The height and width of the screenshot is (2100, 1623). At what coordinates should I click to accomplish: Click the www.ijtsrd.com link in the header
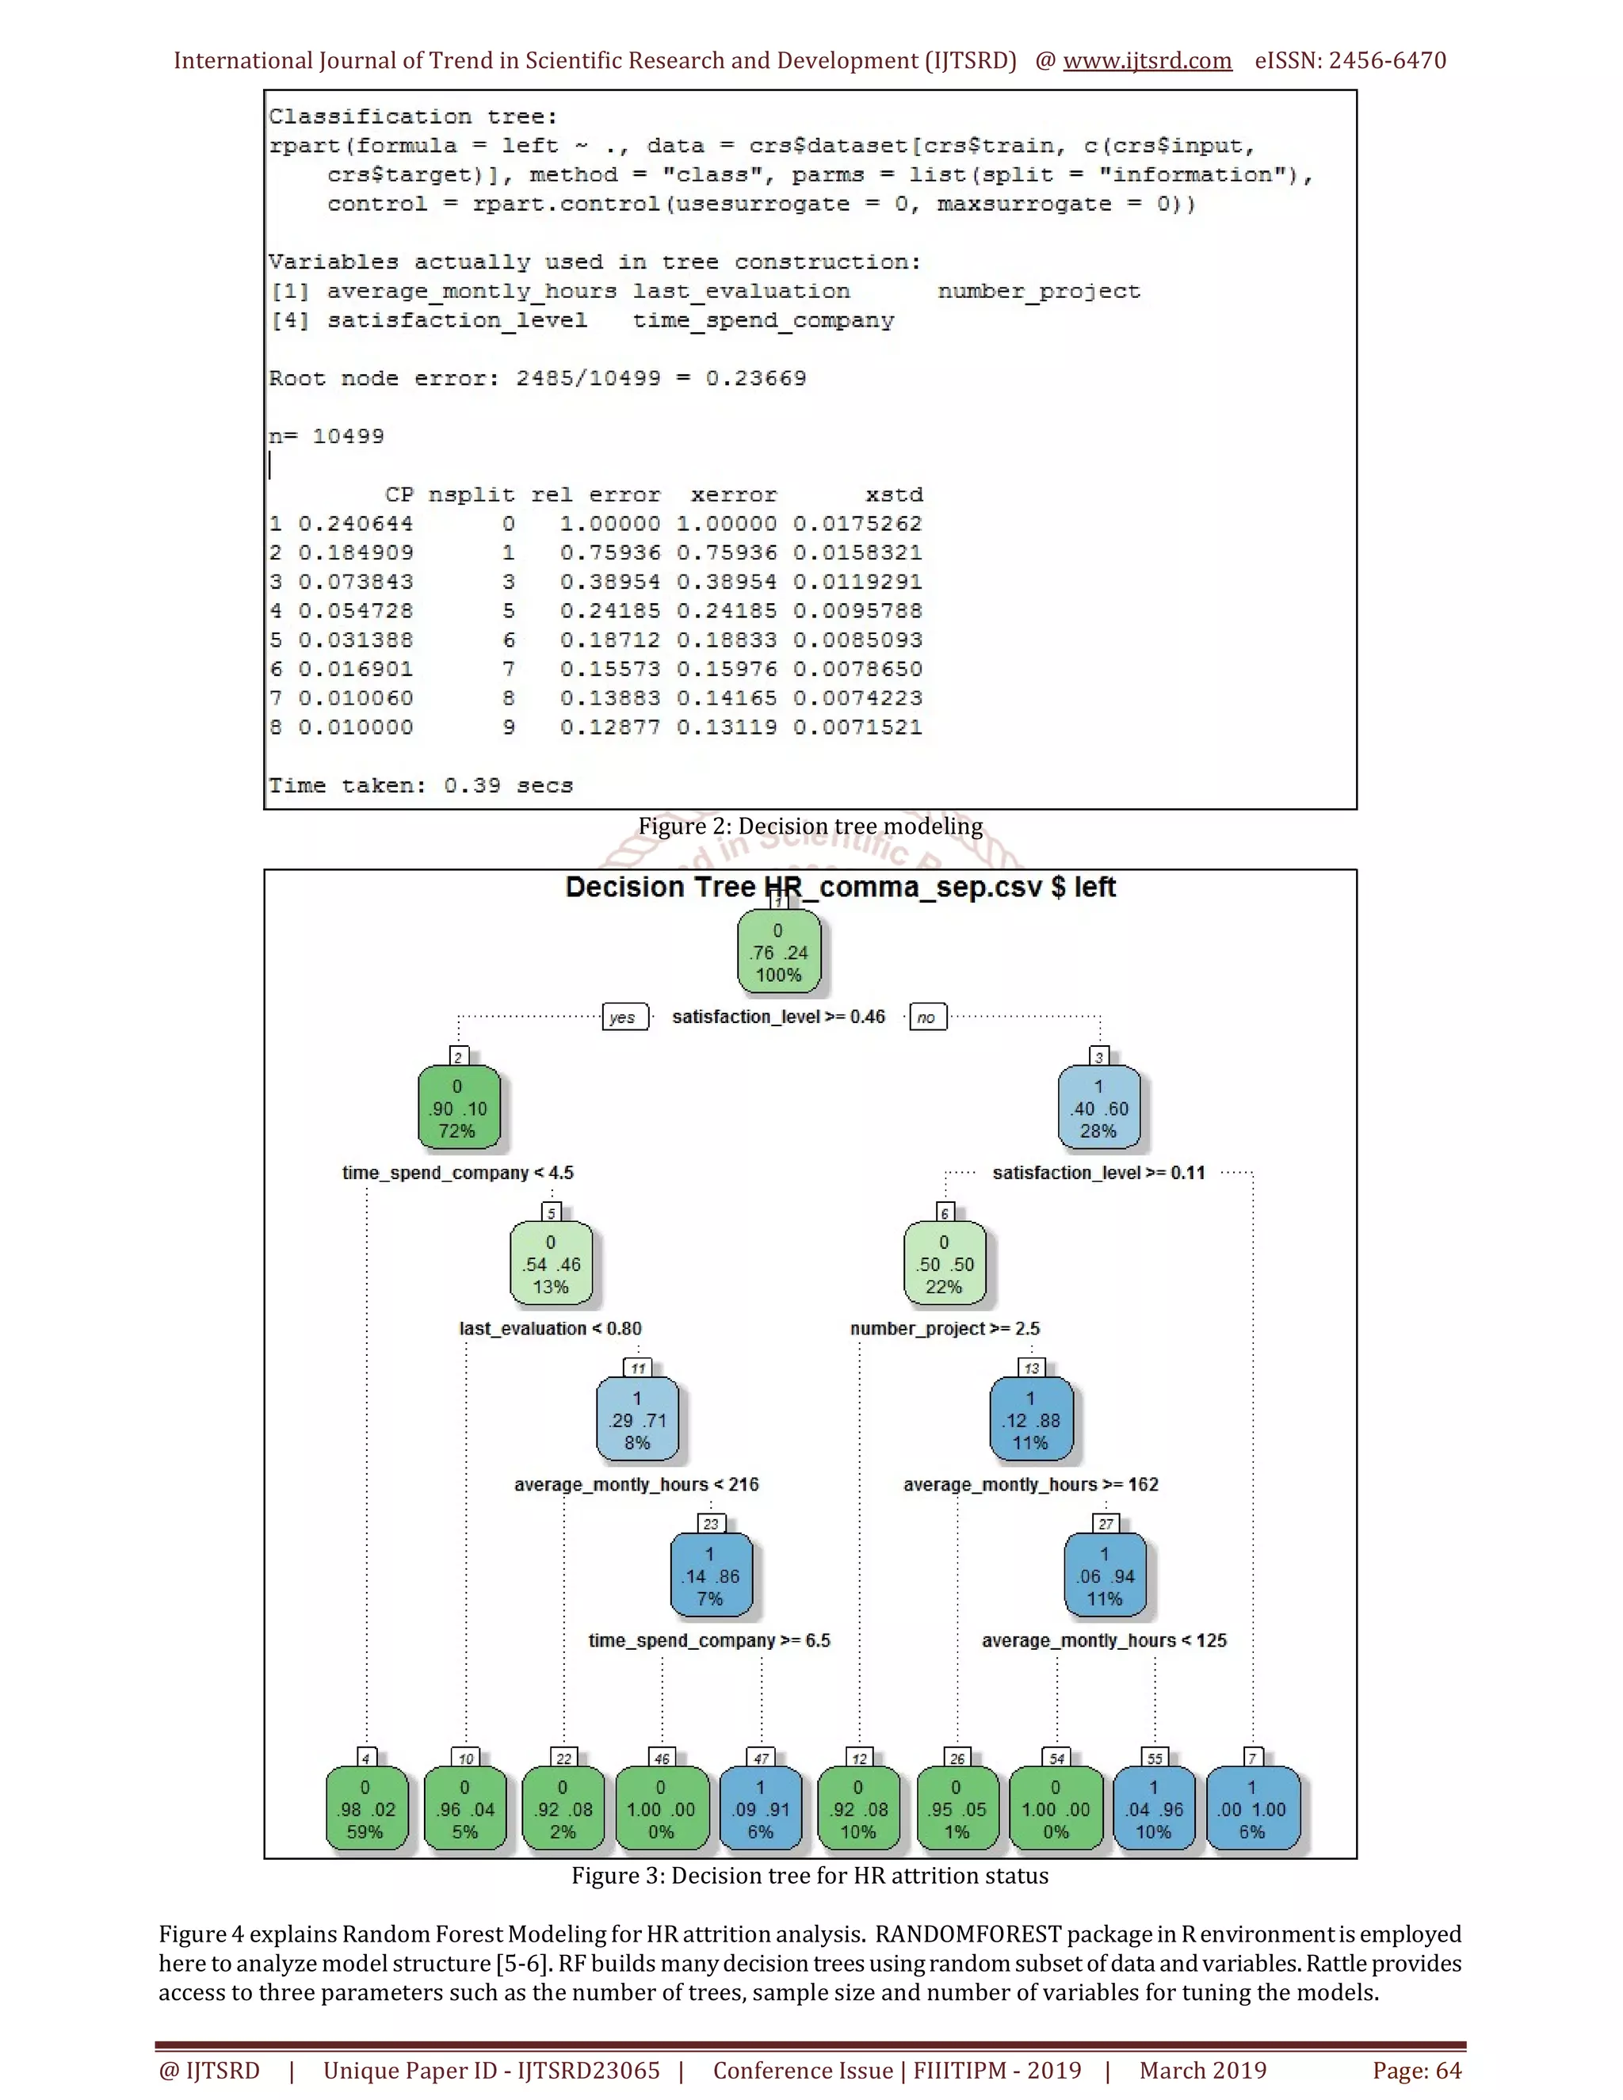tap(1147, 60)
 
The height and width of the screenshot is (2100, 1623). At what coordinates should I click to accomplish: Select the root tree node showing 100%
tap(779, 952)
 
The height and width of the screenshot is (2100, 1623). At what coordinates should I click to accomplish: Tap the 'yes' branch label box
tap(623, 1018)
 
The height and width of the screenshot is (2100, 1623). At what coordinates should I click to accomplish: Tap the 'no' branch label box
tap(927, 1018)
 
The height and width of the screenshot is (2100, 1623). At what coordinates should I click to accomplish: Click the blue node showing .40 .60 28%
tap(1099, 1108)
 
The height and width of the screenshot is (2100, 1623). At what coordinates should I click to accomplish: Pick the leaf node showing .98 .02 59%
tap(365, 1808)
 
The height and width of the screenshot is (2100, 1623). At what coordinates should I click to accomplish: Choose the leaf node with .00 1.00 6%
tap(1252, 1808)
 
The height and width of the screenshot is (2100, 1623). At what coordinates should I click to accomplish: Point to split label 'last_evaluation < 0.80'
tap(550, 1328)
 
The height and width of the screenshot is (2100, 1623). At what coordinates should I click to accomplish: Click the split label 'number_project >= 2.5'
tap(944, 1328)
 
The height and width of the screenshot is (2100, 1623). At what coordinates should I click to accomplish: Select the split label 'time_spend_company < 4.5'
tap(458, 1172)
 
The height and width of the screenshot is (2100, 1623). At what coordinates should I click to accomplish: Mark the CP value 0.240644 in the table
tap(355, 524)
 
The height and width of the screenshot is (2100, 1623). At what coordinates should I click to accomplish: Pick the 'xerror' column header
tap(734, 495)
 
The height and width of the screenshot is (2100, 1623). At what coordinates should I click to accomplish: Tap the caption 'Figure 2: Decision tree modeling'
tap(811, 826)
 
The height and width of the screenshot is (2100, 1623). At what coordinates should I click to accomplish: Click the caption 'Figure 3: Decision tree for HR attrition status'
tap(810, 1875)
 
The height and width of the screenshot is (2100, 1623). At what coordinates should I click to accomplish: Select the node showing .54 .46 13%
tap(551, 1263)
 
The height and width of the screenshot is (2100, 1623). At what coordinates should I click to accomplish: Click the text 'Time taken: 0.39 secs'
tap(420, 785)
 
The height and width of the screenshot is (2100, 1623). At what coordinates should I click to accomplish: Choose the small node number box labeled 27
tap(1106, 1523)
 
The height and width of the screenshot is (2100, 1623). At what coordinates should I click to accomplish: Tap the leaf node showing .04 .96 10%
tap(1154, 1808)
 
